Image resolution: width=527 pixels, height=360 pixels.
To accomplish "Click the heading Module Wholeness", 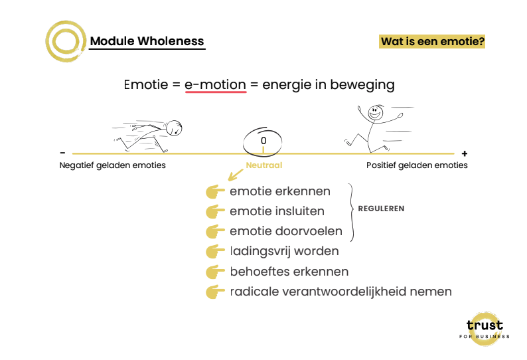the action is (147, 41).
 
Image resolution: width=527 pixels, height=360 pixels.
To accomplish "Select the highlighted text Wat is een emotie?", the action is (432, 41).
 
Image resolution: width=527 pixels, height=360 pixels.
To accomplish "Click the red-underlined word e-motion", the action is (215, 85).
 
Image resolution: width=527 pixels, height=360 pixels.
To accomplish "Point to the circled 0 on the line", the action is (263, 141).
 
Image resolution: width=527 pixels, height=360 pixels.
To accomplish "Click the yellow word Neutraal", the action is (264, 165).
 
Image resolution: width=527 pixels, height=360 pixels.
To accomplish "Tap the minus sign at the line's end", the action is (62, 153).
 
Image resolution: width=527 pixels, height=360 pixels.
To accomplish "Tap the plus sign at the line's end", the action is (464, 153).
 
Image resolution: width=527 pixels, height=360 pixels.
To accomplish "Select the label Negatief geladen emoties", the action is (113, 165).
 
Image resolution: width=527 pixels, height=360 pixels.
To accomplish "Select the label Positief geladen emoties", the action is (417, 165).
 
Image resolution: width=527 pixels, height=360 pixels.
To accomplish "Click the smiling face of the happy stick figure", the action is (376, 114).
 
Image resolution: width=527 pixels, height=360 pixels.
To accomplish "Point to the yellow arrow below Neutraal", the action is (235, 175).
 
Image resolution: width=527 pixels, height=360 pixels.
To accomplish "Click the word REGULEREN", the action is (381, 209).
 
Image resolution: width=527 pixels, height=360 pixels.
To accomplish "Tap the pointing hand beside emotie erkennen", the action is (215, 193).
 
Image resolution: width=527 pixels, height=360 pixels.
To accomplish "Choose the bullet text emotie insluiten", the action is (277, 212).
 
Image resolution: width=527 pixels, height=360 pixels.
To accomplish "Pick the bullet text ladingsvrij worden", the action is (284, 252).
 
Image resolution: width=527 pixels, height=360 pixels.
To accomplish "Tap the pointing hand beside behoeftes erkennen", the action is (215, 272).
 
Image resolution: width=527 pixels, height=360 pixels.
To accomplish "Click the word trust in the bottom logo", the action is (485, 325).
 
